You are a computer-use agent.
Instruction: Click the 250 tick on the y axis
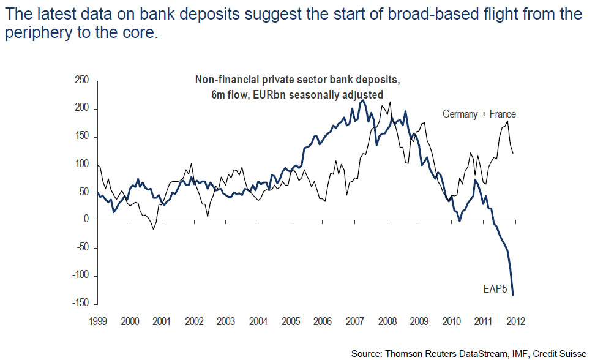(x=82, y=81)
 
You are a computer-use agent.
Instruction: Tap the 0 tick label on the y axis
(x=86, y=220)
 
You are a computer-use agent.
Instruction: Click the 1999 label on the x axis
(x=98, y=321)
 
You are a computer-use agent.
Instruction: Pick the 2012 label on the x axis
(x=515, y=321)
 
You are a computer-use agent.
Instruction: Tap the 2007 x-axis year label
(x=354, y=321)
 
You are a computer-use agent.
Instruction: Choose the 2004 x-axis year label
(x=258, y=321)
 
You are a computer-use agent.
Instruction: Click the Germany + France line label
(x=479, y=114)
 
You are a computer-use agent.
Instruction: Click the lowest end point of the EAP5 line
(x=513, y=296)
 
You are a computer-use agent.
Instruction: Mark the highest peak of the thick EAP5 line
(x=363, y=100)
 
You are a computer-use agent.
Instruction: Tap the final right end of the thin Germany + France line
(x=513, y=153)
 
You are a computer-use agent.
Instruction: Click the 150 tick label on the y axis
(x=82, y=137)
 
